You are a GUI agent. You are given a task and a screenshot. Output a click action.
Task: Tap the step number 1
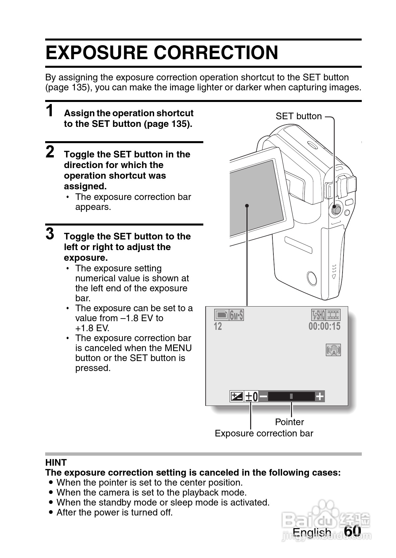coord(50,111)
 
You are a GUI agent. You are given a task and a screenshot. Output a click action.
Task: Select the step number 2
coord(50,152)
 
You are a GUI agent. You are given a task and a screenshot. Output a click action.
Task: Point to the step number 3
coord(50,233)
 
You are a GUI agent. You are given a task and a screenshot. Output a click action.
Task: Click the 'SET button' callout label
coord(299,116)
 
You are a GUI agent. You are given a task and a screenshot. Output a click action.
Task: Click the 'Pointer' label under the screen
coord(289,422)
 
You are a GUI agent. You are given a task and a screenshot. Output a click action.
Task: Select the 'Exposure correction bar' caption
coord(264,433)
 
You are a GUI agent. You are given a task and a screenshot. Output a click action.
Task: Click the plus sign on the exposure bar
coord(320,397)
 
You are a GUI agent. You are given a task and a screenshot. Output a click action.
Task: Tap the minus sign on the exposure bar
coord(263,397)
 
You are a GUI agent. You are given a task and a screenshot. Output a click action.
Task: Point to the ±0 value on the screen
coord(251,397)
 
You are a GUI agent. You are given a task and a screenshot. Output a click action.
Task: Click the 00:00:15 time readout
coord(324,326)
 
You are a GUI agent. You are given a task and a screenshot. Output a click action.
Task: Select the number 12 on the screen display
coord(218,326)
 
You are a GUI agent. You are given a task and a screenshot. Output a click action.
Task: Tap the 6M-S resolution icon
coord(236,315)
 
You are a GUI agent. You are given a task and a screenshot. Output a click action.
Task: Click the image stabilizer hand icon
coord(333,350)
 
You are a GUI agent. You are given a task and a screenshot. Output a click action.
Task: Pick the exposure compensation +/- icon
coord(237,397)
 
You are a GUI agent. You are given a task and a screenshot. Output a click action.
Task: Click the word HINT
coord(56,463)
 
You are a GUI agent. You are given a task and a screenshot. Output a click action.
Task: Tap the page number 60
coord(352,531)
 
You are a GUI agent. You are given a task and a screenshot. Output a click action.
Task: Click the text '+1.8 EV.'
coord(92,328)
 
